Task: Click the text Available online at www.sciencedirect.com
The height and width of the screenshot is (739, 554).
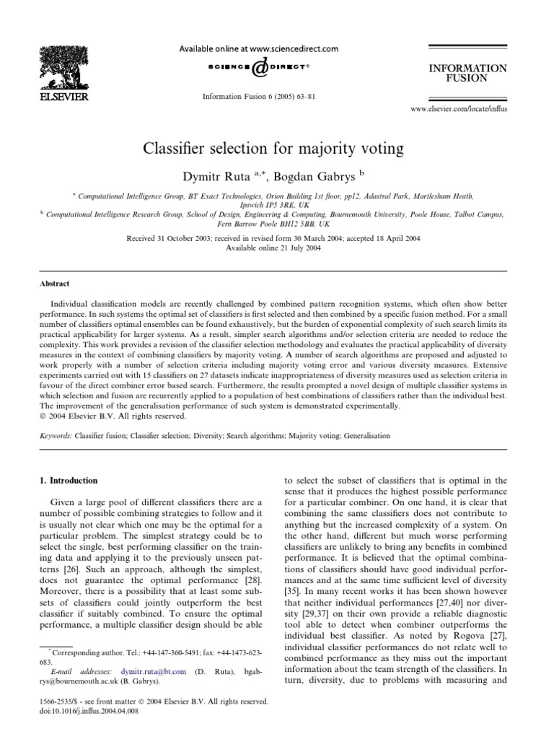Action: coord(258,49)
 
